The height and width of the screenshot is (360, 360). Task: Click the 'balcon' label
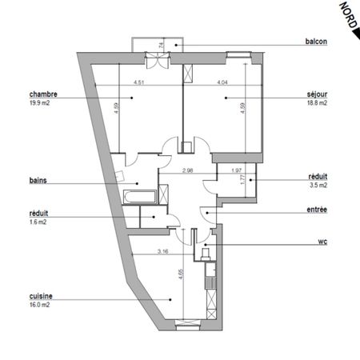tap(316, 42)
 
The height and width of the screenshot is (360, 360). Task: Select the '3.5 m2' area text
tap(318, 185)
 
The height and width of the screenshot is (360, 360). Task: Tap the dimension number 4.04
tap(222, 82)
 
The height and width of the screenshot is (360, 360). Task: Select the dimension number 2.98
tap(187, 170)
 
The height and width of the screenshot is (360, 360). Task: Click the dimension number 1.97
tap(236, 170)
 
